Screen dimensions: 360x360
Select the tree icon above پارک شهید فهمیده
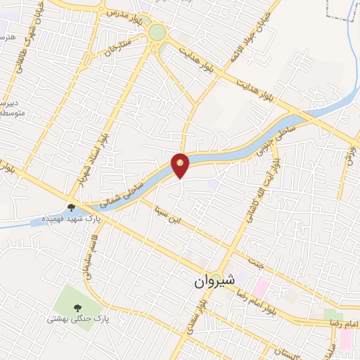pos(71,207)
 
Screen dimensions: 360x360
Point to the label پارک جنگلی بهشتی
pos(77,318)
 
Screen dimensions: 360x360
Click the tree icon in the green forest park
pos(77,306)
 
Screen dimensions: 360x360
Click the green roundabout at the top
pos(157,32)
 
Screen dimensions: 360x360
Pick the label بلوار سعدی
pos(194,315)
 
